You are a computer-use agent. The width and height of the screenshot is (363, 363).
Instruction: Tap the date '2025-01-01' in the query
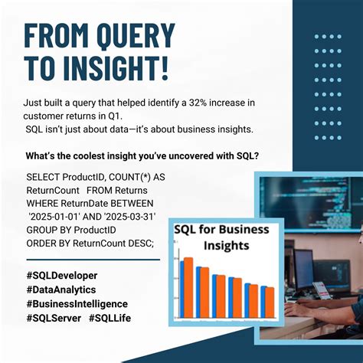[x=54, y=217]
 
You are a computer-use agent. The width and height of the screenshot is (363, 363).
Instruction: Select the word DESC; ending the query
[x=137, y=243]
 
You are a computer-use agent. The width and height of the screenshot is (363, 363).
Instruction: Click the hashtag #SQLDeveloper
[x=61, y=275]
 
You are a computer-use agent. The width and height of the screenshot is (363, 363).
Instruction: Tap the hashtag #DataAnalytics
[x=60, y=289]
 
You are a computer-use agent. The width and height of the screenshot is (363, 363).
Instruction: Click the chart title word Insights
[x=221, y=247]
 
